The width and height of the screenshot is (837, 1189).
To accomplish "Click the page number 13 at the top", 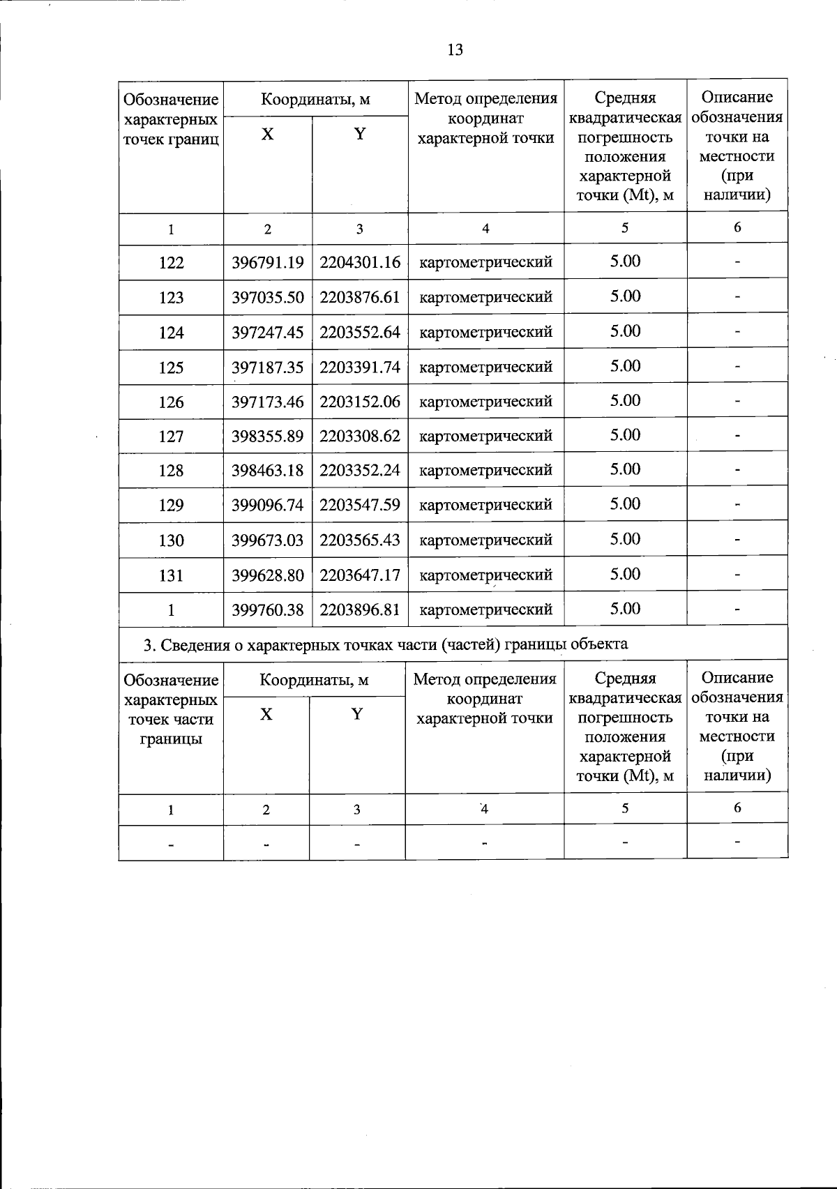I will (x=454, y=50).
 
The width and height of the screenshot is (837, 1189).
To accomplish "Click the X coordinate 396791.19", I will (x=268, y=263).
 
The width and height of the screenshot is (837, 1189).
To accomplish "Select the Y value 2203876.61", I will (x=360, y=298).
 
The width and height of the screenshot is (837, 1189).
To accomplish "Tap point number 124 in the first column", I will (x=171, y=333).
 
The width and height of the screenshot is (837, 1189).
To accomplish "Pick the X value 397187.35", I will (x=268, y=367).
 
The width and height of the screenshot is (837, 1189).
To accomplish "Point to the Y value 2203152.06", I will (x=360, y=402).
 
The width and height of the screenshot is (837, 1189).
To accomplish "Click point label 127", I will (x=171, y=437).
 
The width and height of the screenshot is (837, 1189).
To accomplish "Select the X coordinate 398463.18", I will (x=268, y=471).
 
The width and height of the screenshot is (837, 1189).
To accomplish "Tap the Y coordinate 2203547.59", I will (x=360, y=505).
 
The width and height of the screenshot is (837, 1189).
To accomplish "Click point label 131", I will (x=171, y=575).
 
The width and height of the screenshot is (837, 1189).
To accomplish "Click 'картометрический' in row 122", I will (x=485, y=263).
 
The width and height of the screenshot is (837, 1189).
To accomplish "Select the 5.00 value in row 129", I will (x=625, y=504).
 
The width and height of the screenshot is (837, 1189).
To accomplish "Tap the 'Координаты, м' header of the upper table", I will (x=315, y=99).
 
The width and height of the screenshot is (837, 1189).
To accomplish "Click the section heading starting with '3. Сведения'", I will (x=385, y=644).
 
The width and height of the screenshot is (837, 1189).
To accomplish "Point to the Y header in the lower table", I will (x=357, y=714).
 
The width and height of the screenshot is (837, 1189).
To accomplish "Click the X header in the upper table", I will (x=268, y=135).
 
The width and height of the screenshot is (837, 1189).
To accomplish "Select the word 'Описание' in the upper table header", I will (x=737, y=98).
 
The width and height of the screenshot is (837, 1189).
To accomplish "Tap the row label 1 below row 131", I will (x=171, y=610).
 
